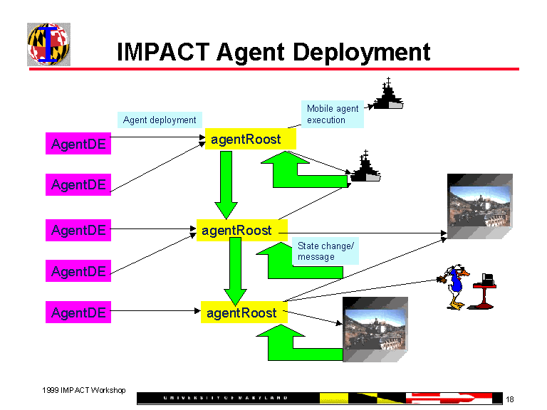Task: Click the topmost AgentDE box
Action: (78, 144)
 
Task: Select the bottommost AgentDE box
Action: (78, 312)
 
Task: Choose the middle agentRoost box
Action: (237, 230)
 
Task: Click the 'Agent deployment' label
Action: (160, 120)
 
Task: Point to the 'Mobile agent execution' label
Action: (333, 115)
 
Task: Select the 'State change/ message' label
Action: (326, 251)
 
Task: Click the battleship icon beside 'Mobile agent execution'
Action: (388, 94)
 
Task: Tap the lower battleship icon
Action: (365, 168)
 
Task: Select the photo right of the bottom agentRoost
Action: (375, 328)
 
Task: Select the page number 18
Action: (510, 399)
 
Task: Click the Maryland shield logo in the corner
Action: (48, 44)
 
